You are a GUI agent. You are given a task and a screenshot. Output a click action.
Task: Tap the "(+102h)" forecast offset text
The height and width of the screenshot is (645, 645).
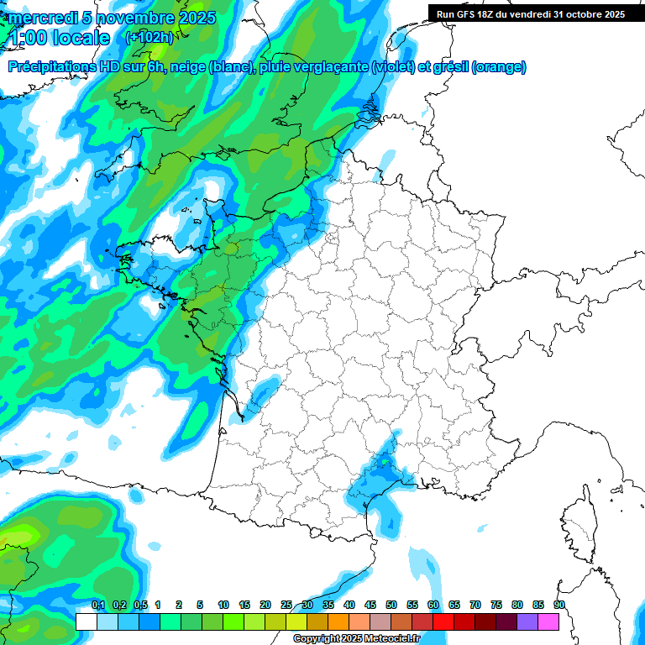pos(149,37)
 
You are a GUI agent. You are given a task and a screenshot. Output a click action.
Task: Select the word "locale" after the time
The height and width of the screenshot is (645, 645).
pos(81,38)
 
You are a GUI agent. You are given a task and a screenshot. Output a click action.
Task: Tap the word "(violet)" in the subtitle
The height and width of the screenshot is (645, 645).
pos(393,67)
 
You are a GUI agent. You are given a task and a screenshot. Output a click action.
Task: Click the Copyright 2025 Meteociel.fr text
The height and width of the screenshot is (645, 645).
pos(356,639)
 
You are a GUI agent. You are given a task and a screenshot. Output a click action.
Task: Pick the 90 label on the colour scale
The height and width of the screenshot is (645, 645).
pos(558,605)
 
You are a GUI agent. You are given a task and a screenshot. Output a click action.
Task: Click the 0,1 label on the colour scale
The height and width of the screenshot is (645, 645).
pos(98,605)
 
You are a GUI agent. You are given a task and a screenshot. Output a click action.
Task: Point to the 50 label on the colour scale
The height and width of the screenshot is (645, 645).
pos(391,605)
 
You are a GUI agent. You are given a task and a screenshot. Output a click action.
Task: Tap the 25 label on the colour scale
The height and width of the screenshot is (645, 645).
pos(286,605)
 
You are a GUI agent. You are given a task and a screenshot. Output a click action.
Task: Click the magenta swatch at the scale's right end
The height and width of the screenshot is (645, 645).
pos(548,621)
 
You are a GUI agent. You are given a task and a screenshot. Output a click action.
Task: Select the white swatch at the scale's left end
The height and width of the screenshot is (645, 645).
pos(87,621)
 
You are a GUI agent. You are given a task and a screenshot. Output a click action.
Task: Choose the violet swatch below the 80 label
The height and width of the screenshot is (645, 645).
pos(527,621)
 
